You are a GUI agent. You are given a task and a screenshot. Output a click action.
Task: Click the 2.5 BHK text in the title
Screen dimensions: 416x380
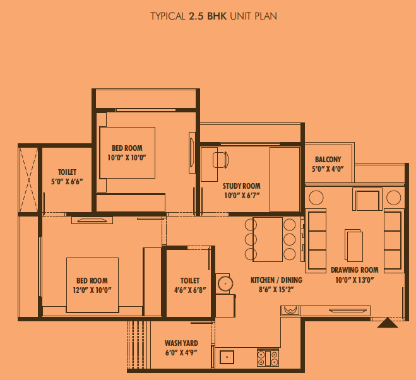208,16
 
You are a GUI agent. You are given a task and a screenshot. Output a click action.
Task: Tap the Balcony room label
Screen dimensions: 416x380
328,160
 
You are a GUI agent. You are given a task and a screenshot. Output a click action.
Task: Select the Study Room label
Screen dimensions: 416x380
241,186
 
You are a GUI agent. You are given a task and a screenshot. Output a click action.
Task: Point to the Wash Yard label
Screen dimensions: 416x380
181,343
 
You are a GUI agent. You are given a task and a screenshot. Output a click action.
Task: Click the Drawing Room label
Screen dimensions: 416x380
354,270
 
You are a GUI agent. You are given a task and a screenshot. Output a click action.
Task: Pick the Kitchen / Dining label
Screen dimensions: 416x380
276,280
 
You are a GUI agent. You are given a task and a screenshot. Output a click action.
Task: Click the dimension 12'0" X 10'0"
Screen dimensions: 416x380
92,290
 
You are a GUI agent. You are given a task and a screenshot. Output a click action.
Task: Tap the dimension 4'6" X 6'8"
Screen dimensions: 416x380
190,290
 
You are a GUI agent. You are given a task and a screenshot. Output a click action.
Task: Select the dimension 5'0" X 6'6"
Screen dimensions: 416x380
67,182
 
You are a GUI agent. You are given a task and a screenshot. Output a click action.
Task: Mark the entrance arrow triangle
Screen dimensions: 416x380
388,323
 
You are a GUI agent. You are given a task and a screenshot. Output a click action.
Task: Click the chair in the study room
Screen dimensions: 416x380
221,160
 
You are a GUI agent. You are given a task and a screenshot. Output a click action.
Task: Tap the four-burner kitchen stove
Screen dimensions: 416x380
268,358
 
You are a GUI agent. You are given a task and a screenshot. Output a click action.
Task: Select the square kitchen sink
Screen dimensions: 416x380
227,357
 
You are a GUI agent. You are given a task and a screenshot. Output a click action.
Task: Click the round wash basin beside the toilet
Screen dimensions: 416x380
225,283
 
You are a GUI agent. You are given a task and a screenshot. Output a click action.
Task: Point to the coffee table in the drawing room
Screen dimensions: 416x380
354,246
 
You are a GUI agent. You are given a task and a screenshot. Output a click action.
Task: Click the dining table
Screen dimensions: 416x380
268,239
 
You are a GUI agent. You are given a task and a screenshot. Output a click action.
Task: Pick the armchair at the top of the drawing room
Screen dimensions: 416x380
367,199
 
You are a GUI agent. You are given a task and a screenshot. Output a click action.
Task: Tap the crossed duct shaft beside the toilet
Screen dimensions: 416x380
28,180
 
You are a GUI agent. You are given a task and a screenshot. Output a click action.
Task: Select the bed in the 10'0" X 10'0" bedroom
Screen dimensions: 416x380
127,153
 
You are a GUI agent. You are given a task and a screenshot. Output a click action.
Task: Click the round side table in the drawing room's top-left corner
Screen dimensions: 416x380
316,198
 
